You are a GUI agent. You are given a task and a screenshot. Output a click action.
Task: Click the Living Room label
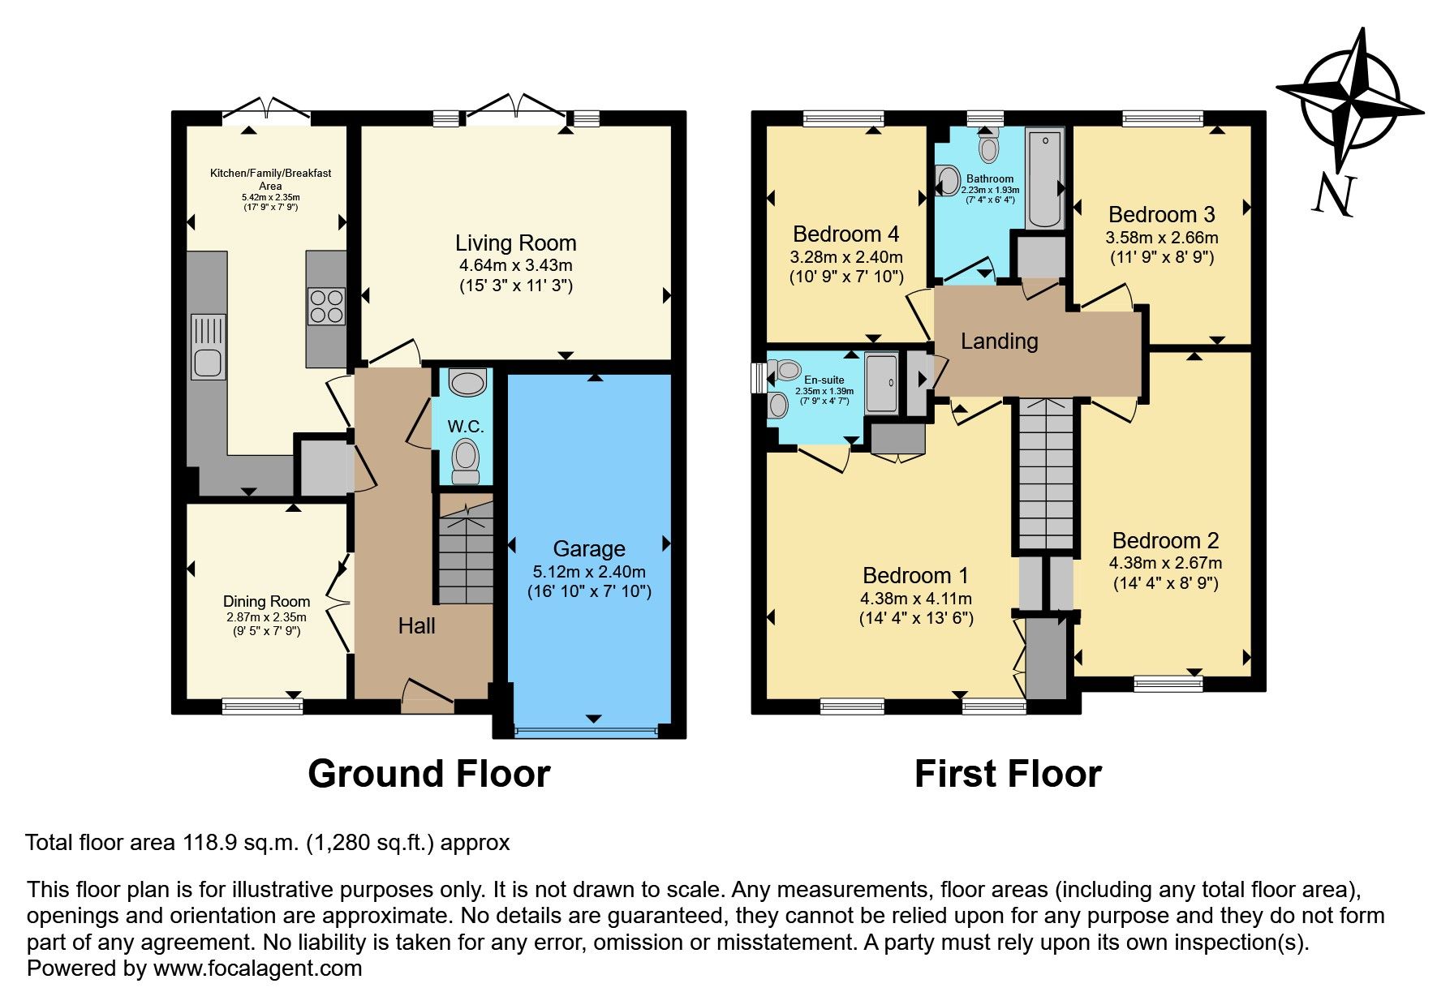[x=515, y=243]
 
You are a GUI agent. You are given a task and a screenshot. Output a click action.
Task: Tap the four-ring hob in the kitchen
[x=326, y=307]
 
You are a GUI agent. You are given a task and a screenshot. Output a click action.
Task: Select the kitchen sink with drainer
[x=208, y=346]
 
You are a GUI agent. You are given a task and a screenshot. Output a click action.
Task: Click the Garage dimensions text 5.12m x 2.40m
[x=589, y=571]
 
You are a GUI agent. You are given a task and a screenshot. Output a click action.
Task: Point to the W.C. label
[x=465, y=427]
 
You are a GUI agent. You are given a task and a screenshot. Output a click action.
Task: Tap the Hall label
[x=416, y=625]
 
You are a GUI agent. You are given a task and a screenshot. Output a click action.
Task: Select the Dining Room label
[x=266, y=601]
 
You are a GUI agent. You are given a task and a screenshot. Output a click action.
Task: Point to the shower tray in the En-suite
[x=881, y=382]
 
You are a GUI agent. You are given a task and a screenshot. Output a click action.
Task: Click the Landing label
[x=999, y=341]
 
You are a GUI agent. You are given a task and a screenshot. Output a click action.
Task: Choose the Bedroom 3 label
[x=1161, y=214]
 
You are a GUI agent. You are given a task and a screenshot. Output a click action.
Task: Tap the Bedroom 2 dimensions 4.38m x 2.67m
[x=1165, y=562]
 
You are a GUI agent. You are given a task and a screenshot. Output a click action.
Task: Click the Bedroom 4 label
[x=845, y=234]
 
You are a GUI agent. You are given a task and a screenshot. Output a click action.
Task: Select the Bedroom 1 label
[x=915, y=575]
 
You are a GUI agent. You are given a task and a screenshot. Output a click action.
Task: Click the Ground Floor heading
[x=428, y=774]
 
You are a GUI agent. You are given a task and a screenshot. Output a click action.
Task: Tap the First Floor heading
[x=1007, y=774]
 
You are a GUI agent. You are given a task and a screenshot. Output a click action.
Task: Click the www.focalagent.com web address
[x=257, y=968]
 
